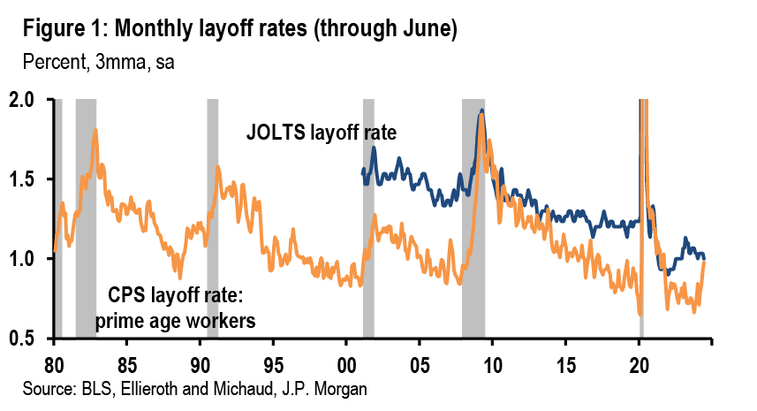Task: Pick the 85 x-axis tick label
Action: [x=127, y=364]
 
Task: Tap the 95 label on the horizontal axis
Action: [x=273, y=364]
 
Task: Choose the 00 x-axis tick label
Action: [x=346, y=364]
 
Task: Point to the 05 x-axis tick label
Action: [x=420, y=364]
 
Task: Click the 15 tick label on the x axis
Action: [x=565, y=364]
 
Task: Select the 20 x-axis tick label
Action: [x=639, y=364]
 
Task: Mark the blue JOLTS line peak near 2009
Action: [x=481, y=111]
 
